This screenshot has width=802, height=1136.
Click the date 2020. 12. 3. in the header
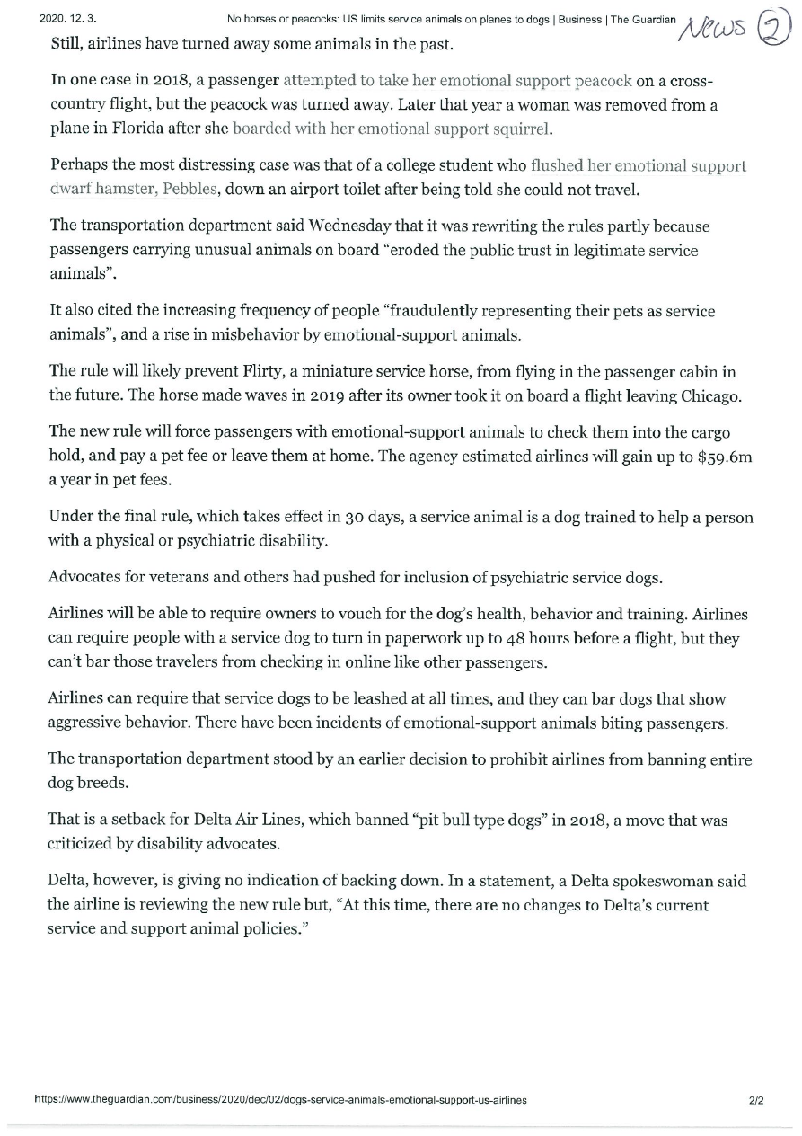(x=68, y=19)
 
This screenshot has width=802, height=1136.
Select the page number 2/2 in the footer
(x=755, y=1100)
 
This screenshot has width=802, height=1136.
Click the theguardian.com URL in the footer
(x=279, y=1100)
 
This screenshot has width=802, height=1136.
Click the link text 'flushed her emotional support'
(x=639, y=166)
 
